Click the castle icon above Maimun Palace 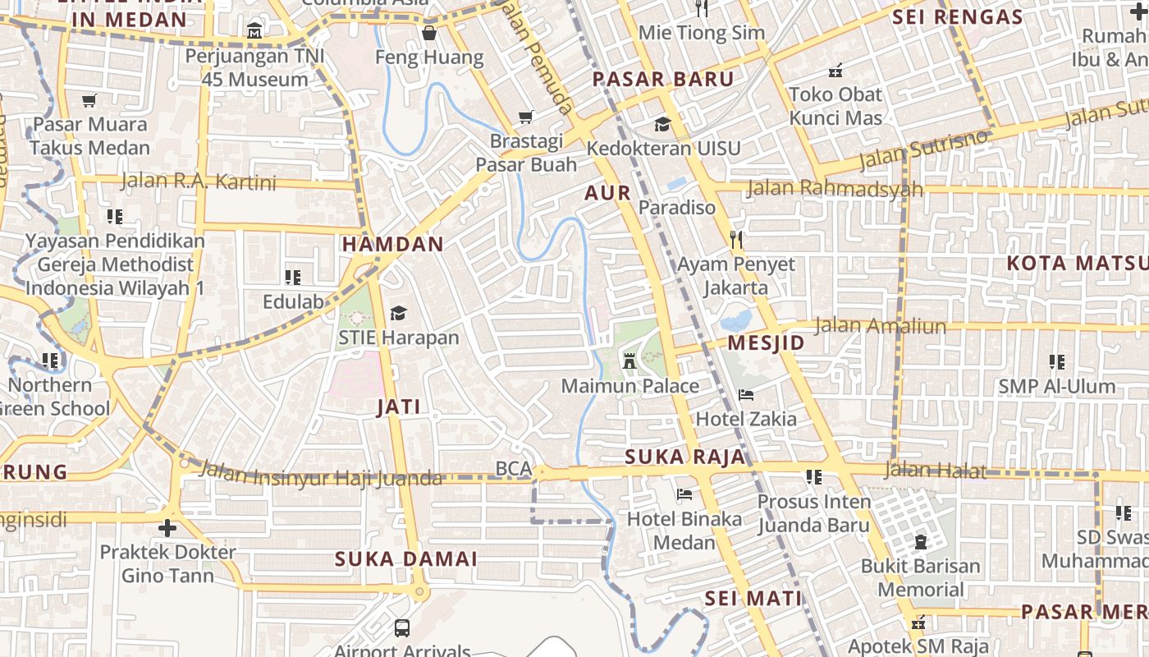(629, 361)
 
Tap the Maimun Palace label (630, 386)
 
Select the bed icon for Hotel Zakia (746, 395)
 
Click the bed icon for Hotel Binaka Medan (684, 494)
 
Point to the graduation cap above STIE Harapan (399, 313)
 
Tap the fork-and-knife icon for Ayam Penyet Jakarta (736, 240)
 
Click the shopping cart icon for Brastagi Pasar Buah (526, 117)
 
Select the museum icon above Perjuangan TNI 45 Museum (254, 31)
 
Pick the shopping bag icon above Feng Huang (428, 33)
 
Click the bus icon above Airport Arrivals (402, 628)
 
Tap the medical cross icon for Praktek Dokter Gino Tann (167, 527)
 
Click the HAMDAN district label (392, 244)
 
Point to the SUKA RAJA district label (685, 457)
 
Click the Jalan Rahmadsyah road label (835, 189)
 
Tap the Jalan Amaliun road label (880, 326)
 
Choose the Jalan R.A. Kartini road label (199, 181)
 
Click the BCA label (513, 468)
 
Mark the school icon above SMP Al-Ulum (1057, 361)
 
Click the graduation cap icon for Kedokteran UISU (662, 125)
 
